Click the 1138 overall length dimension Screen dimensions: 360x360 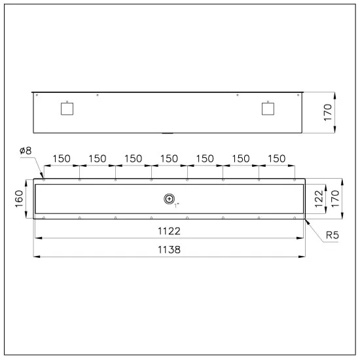(x=170, y=249)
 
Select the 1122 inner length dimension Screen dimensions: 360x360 (x=170, y=231)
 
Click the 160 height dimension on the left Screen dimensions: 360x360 (x=20, y=197)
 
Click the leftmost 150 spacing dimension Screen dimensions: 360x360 (x=62, y=159)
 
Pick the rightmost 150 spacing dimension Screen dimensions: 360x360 (x=277, y=159)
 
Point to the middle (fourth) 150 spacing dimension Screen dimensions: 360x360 (x=170, y=159)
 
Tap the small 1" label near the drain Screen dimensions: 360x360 (x=176, y=205)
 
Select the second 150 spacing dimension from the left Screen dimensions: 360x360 (x=98, y=159)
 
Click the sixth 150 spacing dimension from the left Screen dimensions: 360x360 (x=241, y=159)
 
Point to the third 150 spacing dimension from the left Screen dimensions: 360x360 (x=134, y=159)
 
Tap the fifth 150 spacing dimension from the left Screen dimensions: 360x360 (x=205, y=159)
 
